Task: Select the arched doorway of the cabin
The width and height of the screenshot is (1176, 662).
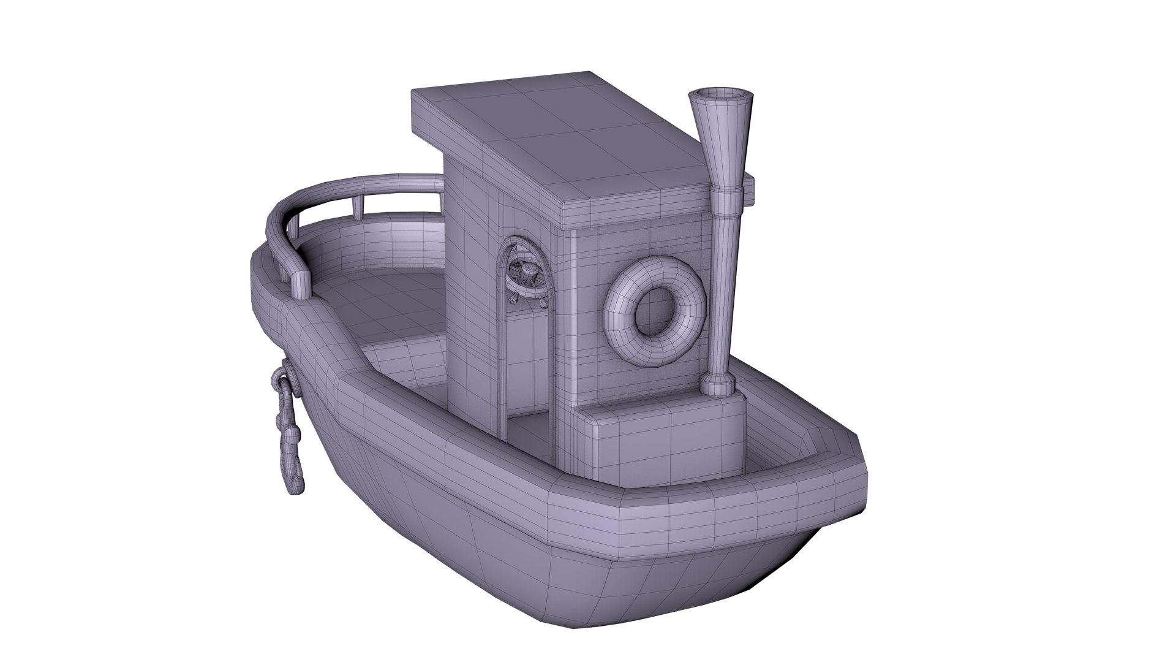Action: [527, 331]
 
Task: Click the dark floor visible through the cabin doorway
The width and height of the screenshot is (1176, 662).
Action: [530, 429]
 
